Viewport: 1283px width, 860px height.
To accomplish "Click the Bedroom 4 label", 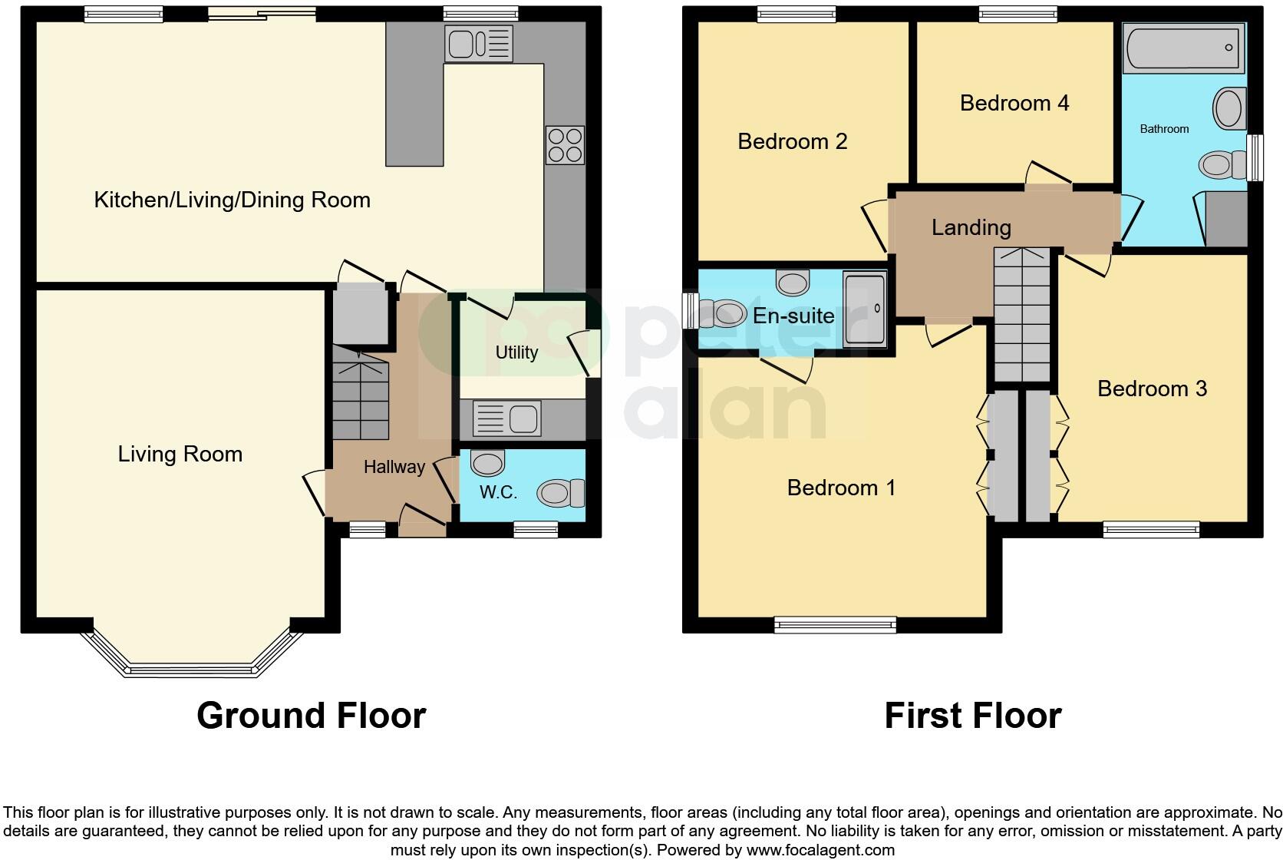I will [x=1014, y=103].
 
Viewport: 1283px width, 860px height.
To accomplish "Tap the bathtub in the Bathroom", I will [x=1182, y=48].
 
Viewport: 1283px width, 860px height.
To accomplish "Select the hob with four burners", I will [x=565, y=145].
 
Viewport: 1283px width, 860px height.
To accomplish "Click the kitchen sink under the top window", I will [x=478, y=43].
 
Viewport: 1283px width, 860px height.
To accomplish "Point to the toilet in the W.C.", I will [x=561, y=493].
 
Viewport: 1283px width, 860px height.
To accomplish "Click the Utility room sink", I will [x=506, y=419].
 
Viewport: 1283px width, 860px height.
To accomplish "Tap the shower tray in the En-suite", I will [x=865, y=308].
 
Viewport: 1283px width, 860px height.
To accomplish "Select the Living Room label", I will [x=180, y=454].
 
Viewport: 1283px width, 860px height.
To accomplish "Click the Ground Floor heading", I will [x=311, y=716].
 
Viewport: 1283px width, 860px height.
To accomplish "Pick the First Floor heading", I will [x=972, y=716].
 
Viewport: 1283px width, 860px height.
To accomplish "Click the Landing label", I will [x=971, y=227].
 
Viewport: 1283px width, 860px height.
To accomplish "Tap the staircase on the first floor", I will [x=1021, y=315].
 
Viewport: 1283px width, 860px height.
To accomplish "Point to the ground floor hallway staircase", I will [x=361, y=392].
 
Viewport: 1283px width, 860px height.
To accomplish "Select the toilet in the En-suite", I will [x=724, y=313].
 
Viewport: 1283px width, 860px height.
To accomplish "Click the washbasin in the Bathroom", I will [x=1229, y=108].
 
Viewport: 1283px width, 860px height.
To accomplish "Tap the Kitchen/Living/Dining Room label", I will [x=232, y=200].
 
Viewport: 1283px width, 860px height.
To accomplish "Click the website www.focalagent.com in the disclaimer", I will [x=820, y=850].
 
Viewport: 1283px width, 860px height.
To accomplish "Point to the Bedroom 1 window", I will [x=835, y=624].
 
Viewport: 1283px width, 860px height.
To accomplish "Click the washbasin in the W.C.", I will [x=487, y=463].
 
